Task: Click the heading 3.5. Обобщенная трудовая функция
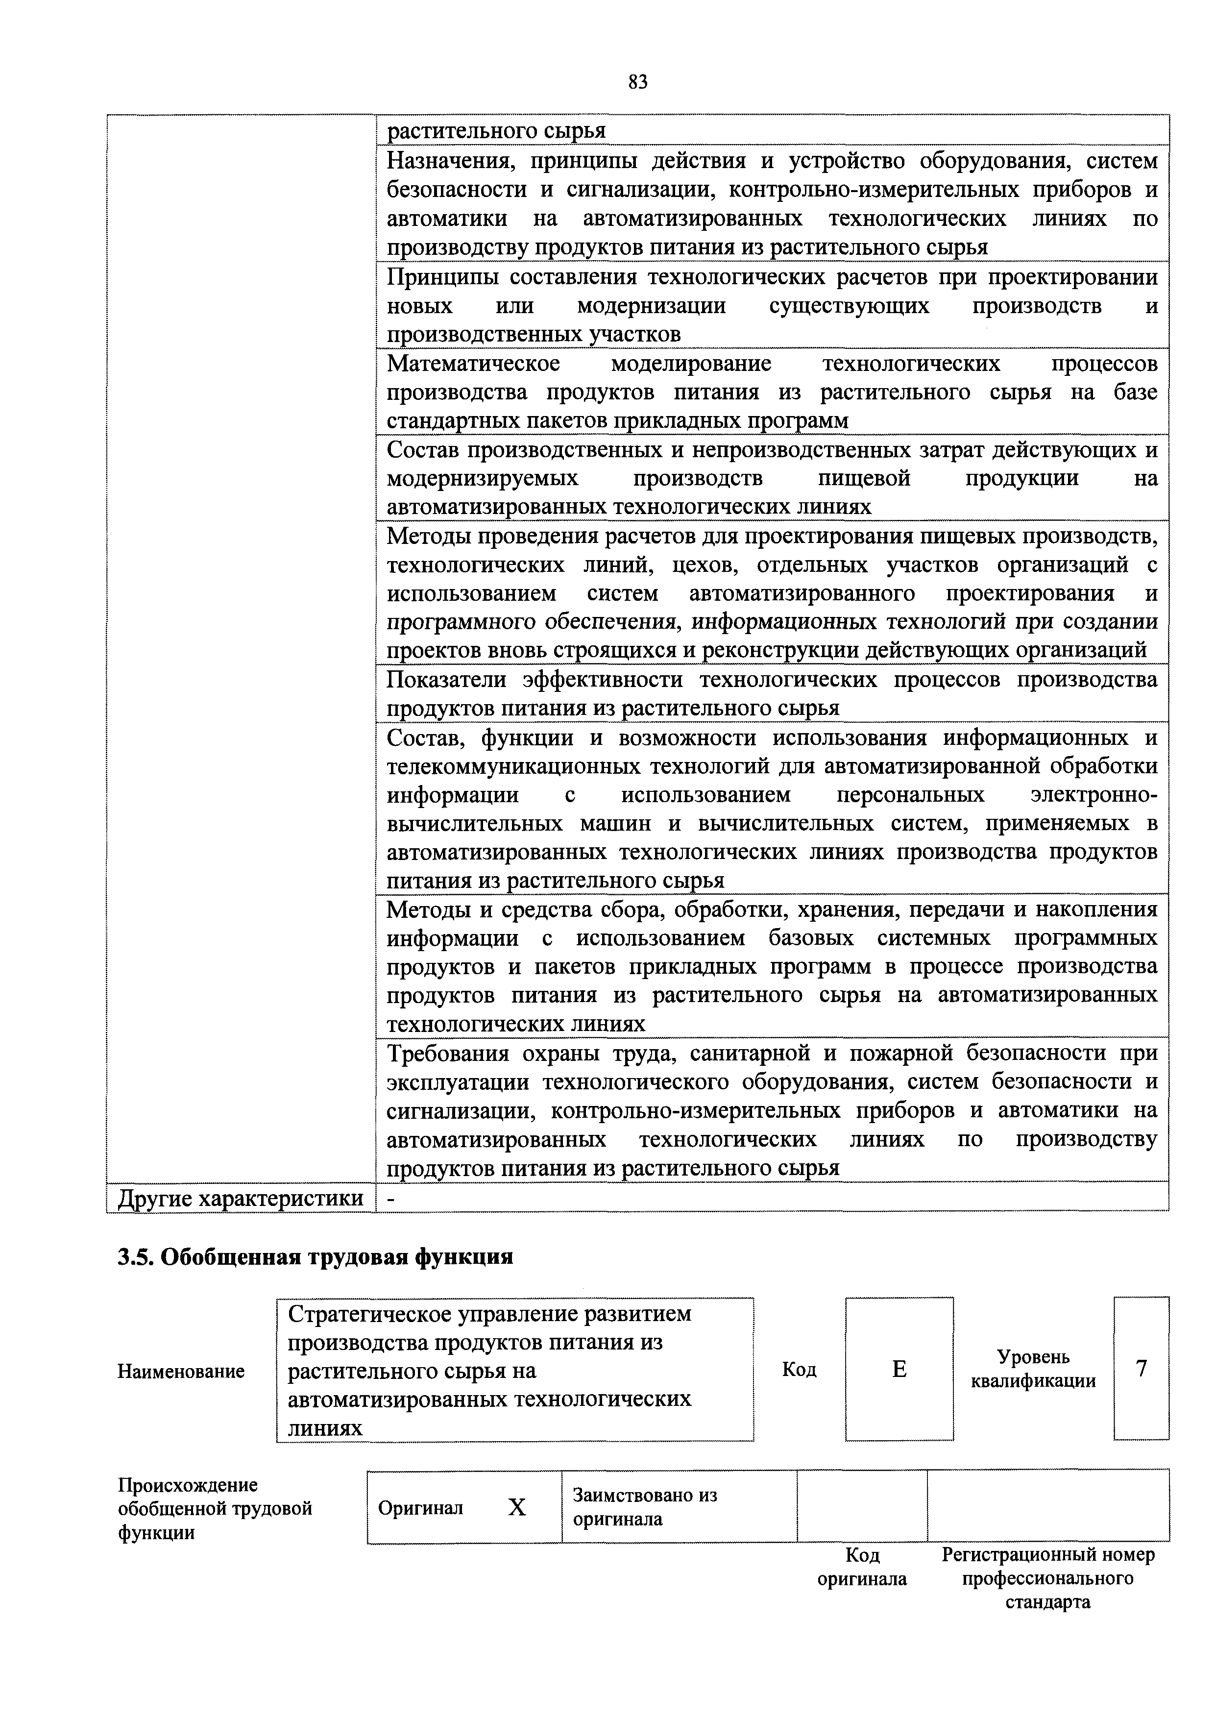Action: [x=315, y=1255]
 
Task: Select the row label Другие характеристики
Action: [x=240, y=1199]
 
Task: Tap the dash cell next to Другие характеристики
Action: [x=391, y=1199]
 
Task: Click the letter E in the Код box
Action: [x=899, y=1369]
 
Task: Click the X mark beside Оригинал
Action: [x=516, y=1507]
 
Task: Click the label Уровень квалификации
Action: [x=1033, y=1369]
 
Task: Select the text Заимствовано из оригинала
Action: [x=645, y=1507]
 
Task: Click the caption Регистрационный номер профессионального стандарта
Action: [x=1047, y=1578]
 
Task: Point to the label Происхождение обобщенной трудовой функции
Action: [x=215, y=1508]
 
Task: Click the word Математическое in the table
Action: [x=473, y=364]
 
